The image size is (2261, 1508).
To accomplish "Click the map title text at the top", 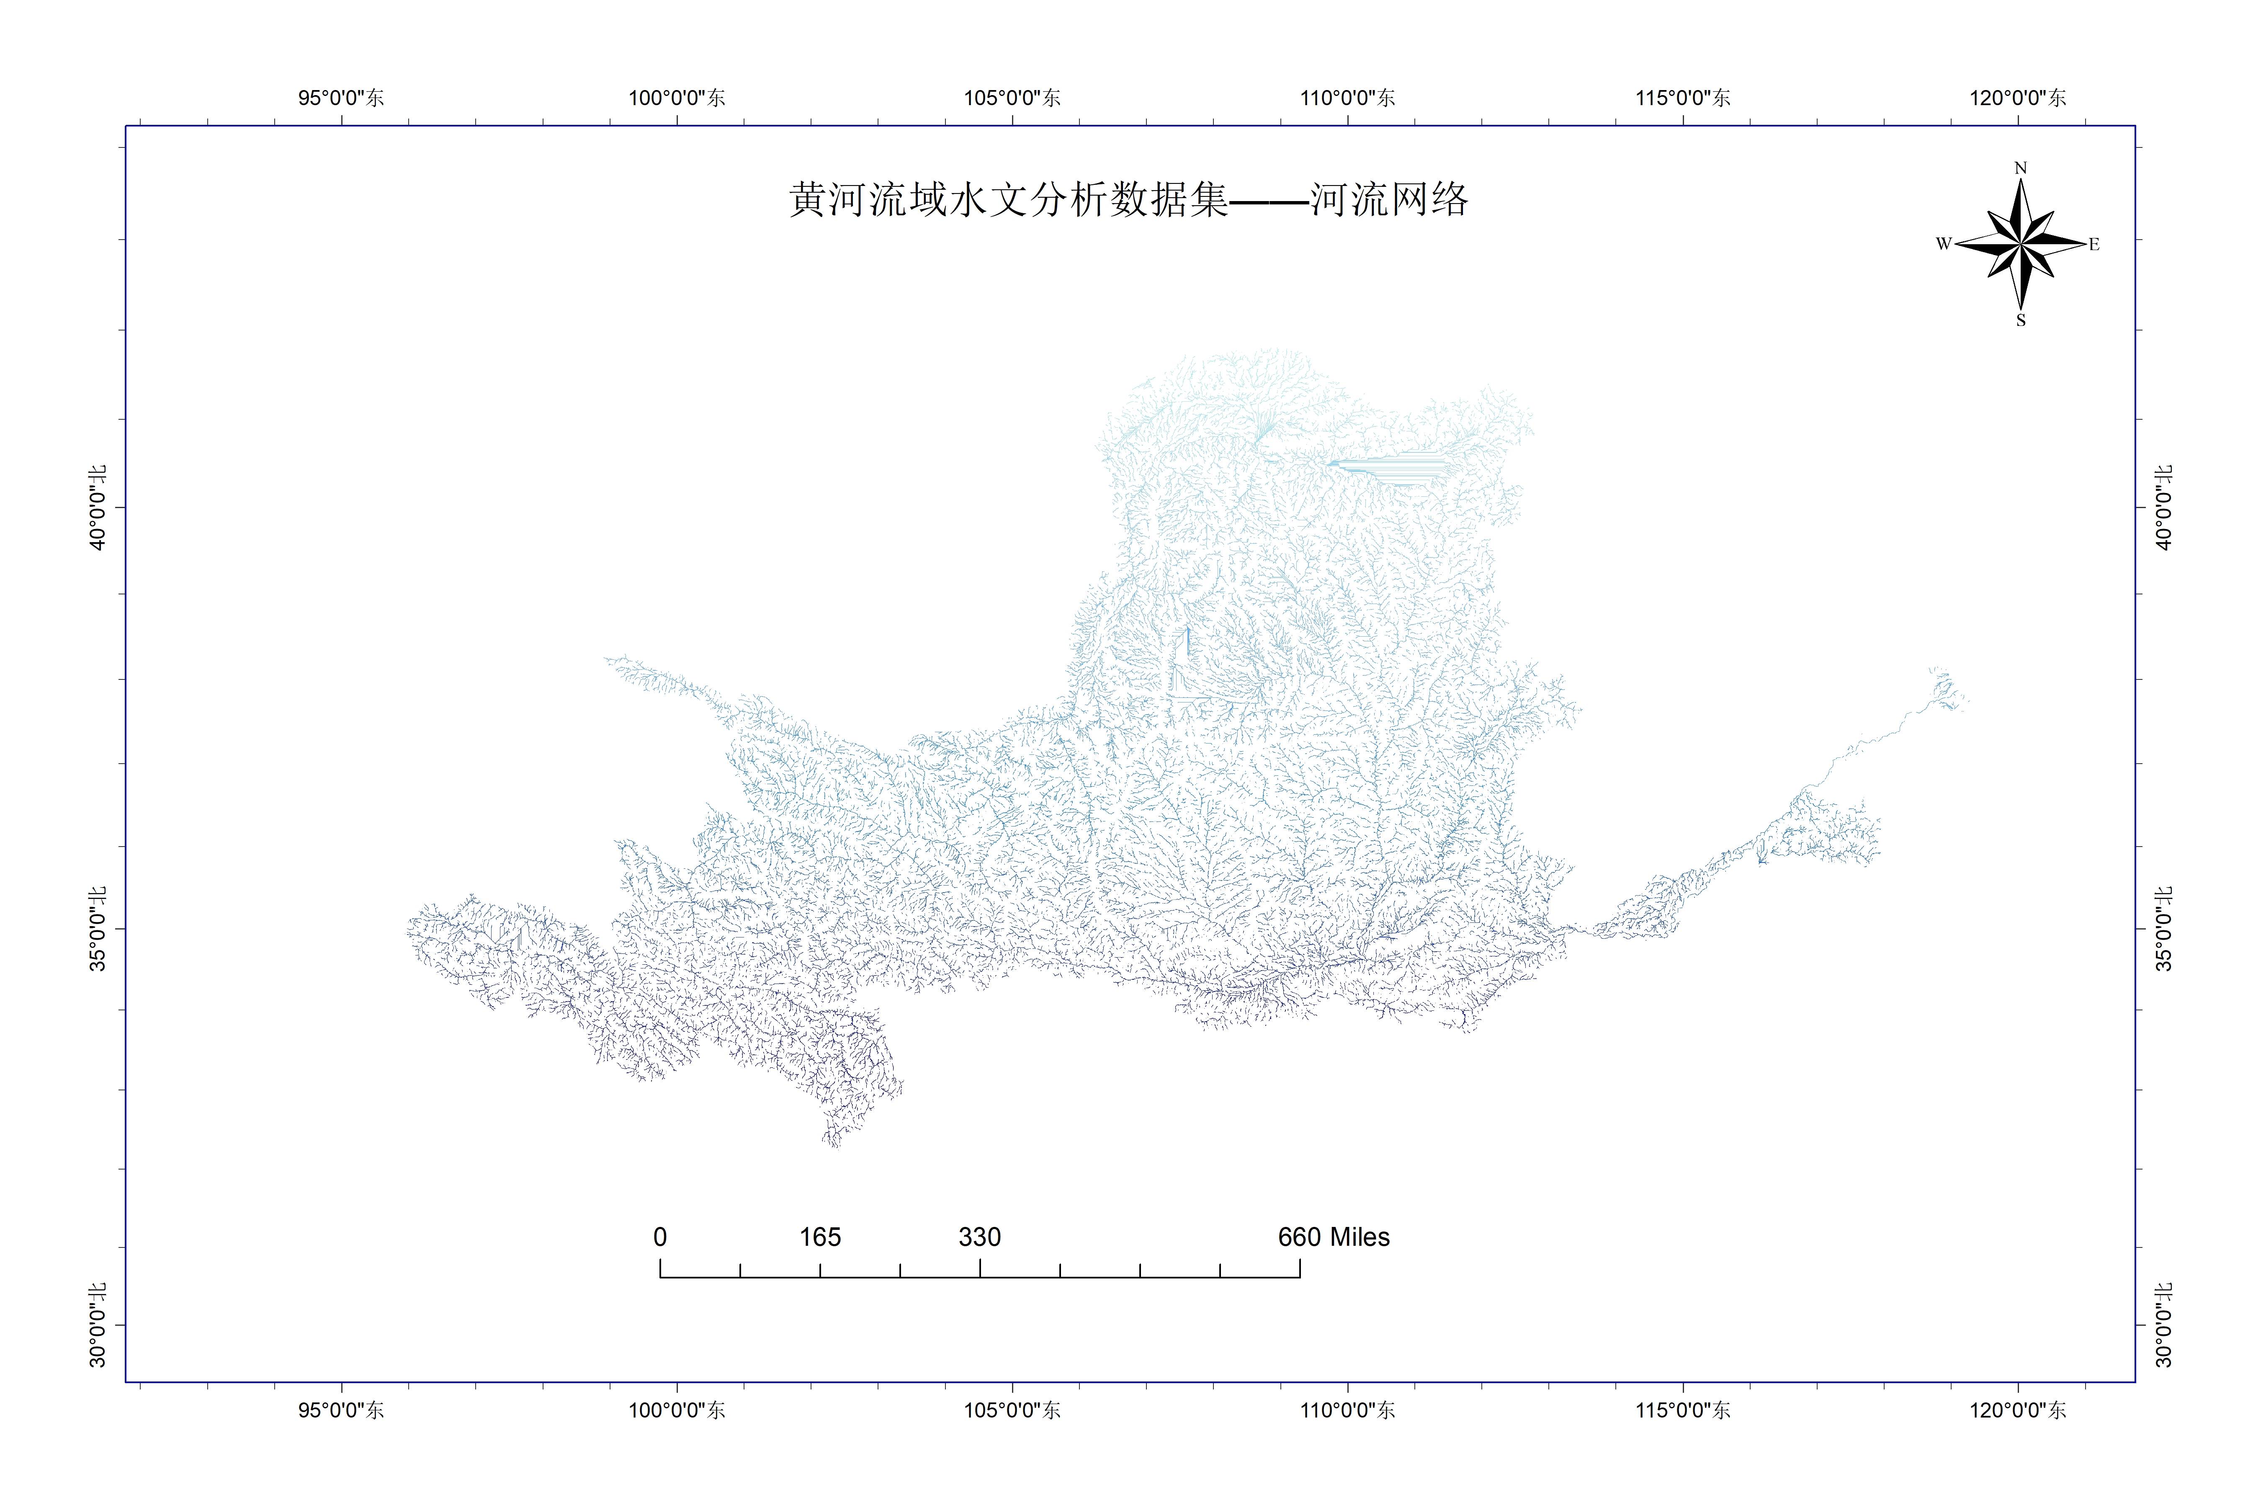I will [x=1128, y=200].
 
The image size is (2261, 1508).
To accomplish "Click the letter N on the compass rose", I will [x=2020, y=168].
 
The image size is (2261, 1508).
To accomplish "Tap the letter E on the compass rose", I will [x=2094, y=244].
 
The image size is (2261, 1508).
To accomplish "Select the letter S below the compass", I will [x=2021, y=320].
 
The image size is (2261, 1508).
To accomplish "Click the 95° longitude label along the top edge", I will [x=341, y=97].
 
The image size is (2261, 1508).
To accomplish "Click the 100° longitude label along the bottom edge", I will [x=677, y=1410].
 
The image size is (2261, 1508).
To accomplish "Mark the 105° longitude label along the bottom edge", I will [x=1012, y=1410].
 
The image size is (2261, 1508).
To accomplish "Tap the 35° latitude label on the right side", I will [x=2163, y=929].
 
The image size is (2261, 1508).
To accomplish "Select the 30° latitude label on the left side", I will [x=97, y=1324].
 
